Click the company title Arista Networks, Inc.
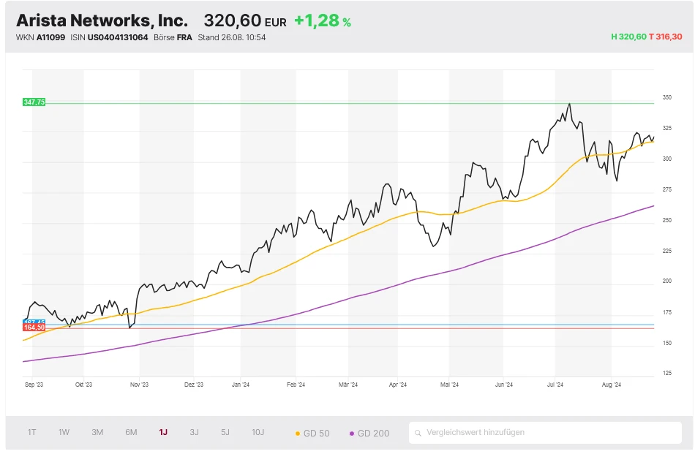coord(102,20)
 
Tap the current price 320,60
coord(232,20)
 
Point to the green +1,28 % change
coord(322,20)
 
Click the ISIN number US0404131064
coord(118,37)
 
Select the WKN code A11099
coord(50,37)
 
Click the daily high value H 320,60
coord(628,37)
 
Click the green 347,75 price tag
coord(34,102)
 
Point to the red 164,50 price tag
coord(34,328)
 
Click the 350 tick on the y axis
coord(666,97)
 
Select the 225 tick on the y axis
coord(666,251)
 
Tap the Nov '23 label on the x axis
coord(139,384)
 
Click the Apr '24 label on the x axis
coord(398,384)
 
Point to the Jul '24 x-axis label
coord(555,384)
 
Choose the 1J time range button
coord(163,432)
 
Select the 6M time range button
coord(131,432)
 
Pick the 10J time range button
coord(258,432)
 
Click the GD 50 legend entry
coord(312,434)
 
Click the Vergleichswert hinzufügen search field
coord(545,432)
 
